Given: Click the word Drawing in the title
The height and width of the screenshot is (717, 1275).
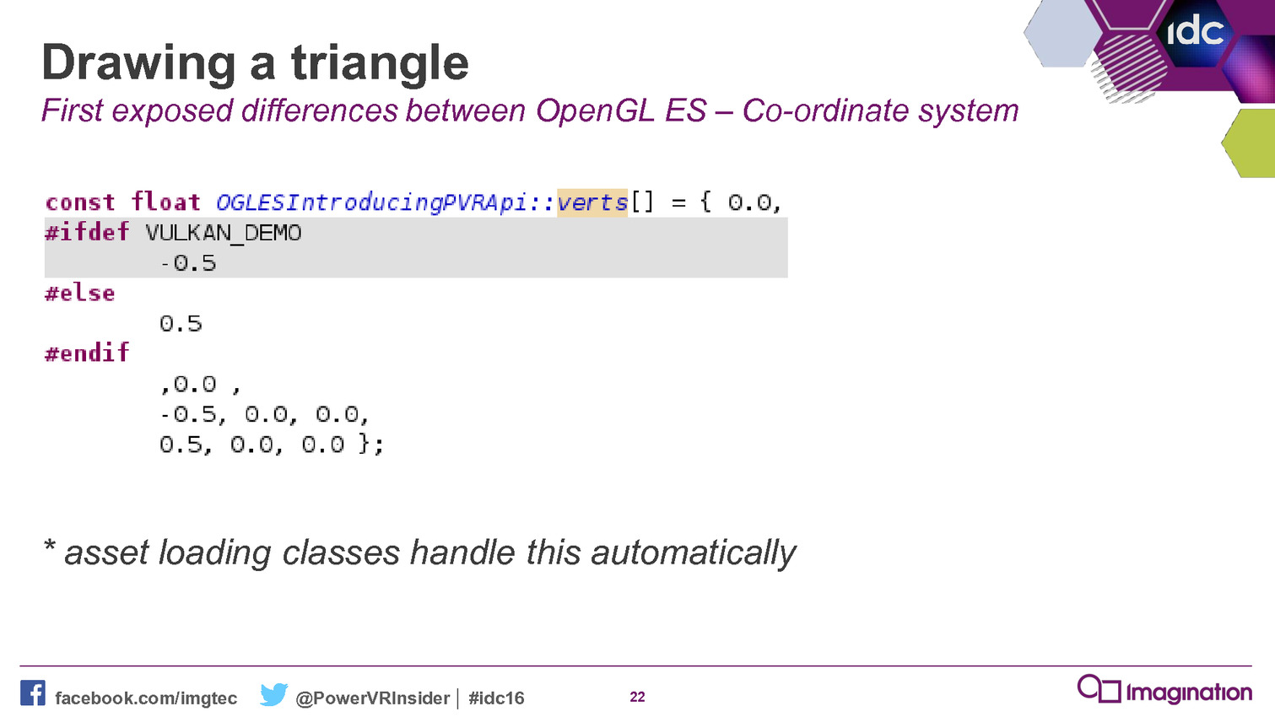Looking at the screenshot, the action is coord(138,64).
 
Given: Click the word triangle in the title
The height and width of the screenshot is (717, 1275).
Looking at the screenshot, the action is coord(380,64).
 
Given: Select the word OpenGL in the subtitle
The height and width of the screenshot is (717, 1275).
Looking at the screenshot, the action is coord(595,111).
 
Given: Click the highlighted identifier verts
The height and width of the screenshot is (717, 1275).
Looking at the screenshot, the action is coord(592,202).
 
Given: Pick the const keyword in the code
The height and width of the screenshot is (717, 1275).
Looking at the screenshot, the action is coord(80,202).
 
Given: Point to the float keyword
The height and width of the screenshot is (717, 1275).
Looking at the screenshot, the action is coord(165,202).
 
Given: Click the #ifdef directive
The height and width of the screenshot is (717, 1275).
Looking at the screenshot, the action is coord(87,232).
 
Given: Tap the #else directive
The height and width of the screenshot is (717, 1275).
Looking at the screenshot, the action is coord(79,294).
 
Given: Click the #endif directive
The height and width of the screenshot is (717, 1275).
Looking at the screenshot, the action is coord(87,353).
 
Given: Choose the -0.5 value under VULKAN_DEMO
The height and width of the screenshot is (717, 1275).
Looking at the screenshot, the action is coord(188,263).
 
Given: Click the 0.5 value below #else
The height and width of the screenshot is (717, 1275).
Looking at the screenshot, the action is coord(181,324).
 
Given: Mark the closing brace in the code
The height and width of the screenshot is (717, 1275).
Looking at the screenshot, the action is coord(365,444).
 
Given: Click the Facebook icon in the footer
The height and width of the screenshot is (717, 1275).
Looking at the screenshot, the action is coord(33,693).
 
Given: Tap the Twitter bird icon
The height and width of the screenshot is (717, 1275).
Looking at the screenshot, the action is coord(273,694).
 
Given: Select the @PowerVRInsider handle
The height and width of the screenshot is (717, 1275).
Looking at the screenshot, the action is coord(373,698).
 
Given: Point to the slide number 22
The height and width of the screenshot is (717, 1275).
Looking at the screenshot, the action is coord(638,697).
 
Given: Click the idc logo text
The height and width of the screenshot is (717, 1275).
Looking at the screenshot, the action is coord(1196,30).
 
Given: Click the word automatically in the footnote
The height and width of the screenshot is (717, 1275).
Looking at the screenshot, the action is coord(694,553).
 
